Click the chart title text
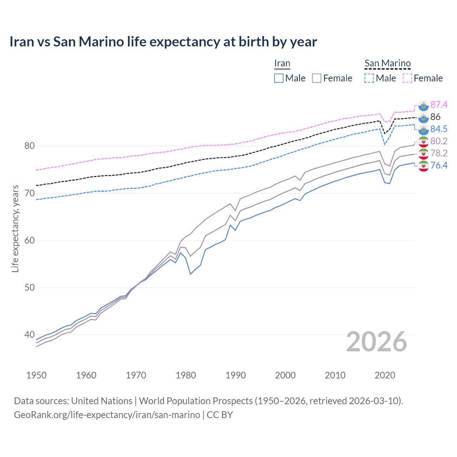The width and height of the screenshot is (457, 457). [x=163, y=42]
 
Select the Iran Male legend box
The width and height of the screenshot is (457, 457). [x=279, y=78]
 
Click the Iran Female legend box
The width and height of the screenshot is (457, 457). [x=317, y=78]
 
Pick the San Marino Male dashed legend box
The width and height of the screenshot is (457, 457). [x=369, y=78]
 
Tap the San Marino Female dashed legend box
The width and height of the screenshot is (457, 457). [x=407, y=78]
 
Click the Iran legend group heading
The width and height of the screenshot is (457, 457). [x=282, y=64]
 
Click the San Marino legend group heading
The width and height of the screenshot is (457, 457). [x=387, y=64]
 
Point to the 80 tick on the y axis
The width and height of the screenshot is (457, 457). [x=29, y=146]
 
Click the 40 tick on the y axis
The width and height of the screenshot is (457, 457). [x=29, y=335]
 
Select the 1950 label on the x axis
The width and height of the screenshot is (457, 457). [x=36, y=375]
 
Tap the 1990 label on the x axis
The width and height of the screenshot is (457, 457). [x=236, y=375]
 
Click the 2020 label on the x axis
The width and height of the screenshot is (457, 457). [x=385, y=375]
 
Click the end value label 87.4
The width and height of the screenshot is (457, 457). [x=439, y=105]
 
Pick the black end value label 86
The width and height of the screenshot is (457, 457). [x=435, y=117]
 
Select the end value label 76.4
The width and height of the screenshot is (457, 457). [x=439, y=165]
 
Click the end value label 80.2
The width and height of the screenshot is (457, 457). [x=439, y=141]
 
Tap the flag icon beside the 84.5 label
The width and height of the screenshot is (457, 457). [x=423, y=129]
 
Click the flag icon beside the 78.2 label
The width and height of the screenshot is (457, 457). [x=423, y=154]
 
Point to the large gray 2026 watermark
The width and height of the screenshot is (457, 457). [x=376, y=342]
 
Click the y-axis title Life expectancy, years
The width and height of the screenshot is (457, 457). [x=15, y=228]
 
